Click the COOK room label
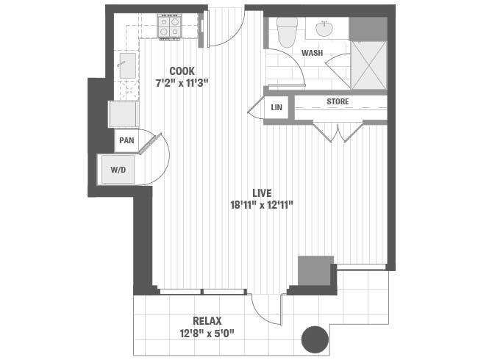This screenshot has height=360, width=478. [182, 71]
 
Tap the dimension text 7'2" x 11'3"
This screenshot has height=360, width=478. [182, 82]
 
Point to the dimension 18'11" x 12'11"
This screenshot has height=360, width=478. [262, 204]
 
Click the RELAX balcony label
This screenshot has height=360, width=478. [207, 320]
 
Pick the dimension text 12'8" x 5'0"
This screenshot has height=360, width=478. [207, 332]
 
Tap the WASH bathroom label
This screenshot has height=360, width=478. [312, 53]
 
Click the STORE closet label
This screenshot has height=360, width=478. [338, 101]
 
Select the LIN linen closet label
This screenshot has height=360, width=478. [277, 108]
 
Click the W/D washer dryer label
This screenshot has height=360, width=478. [118, 169]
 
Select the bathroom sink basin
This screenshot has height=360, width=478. [324, 29]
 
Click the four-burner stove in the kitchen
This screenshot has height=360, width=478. [170, 27]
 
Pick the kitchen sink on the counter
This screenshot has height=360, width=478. [124, 64]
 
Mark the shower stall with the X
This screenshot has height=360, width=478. [368, 65]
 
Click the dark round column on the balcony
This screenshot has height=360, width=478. [315, 339]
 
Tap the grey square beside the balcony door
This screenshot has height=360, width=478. [315, 270]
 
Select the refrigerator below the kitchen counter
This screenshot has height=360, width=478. [123, 114]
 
